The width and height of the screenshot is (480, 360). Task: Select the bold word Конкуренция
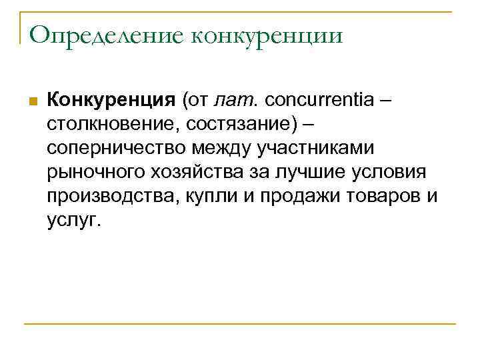click(x=110, y=101)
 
